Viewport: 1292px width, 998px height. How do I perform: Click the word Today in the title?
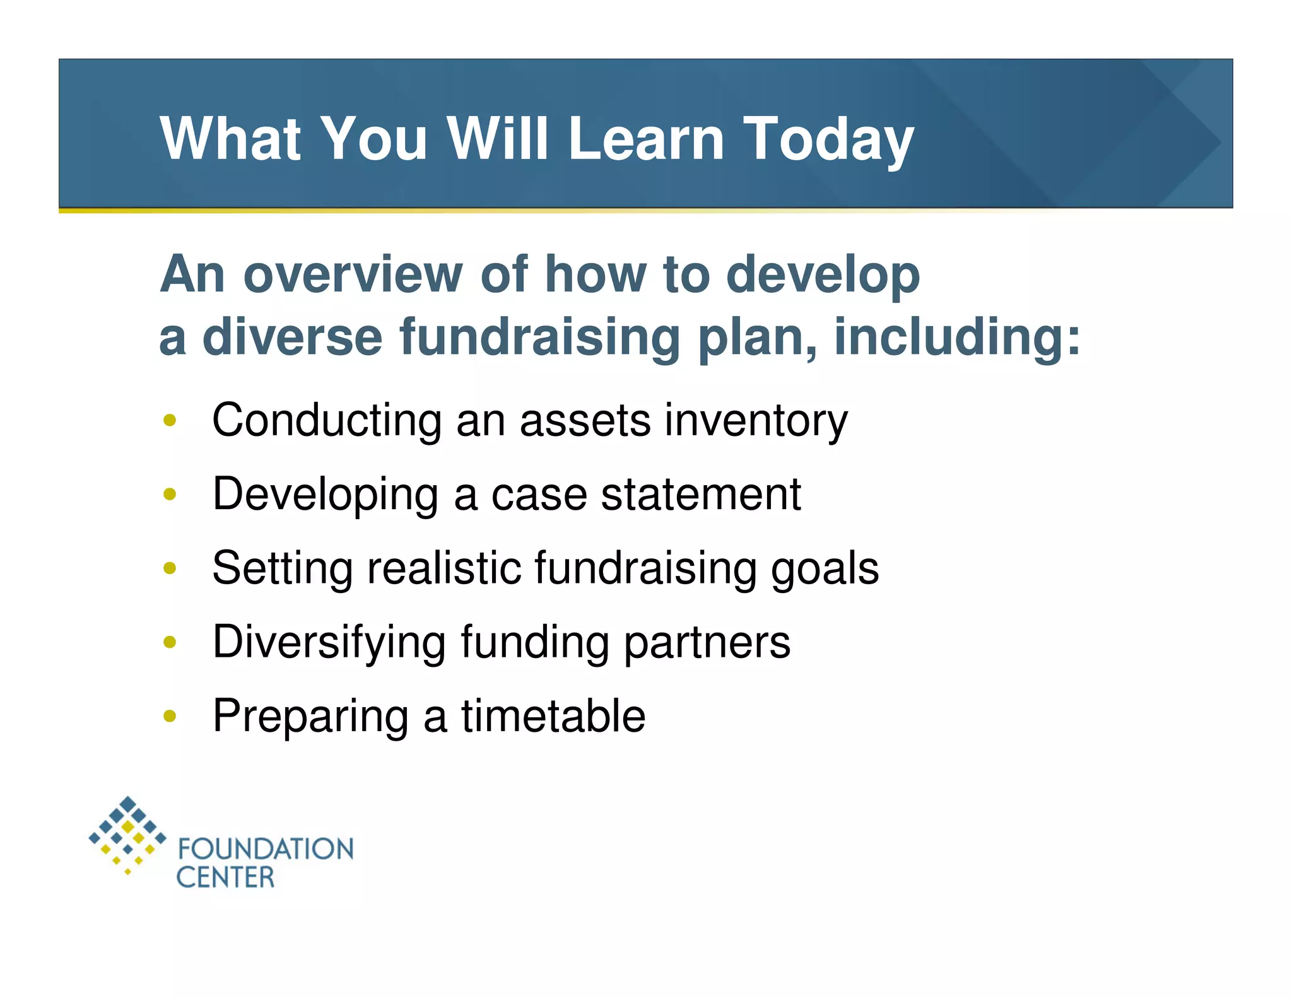[x=828, y=139]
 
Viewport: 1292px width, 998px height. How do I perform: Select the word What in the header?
[x=230, y=139]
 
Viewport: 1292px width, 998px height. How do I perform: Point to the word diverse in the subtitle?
[x=292, y=338]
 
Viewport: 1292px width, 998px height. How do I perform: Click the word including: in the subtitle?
[x=957, y=338]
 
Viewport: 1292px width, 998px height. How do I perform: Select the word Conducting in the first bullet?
[x=327, y=421]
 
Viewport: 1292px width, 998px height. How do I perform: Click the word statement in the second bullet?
[x=701, y=494]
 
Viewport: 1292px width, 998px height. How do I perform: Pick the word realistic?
[x=444, y=568]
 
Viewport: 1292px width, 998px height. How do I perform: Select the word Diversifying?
[x=329, y=642]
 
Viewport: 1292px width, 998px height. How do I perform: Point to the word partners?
[x=707, y=642]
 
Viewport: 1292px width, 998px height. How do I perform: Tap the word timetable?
[x=553, y=716]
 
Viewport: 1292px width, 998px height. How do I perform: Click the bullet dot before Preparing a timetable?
[x=169, y=716]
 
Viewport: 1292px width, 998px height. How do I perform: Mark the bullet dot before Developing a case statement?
[x=169, y=494]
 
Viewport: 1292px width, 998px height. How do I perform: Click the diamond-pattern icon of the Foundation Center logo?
[x=127, y=835]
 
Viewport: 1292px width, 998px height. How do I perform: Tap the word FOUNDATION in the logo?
[x=266, y=849]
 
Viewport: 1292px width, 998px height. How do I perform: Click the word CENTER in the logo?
[x=225, y=878]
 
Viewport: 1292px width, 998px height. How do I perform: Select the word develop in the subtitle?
[x=823, y=275]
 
